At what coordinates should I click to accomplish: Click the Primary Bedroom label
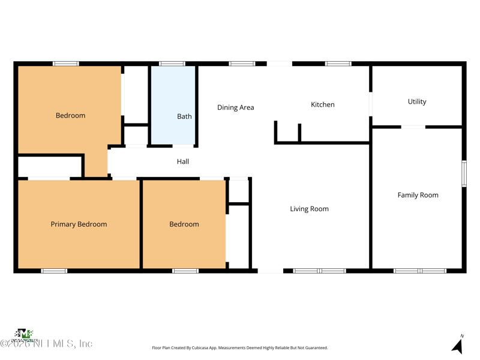[x=79, y=224]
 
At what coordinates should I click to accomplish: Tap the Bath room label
[x=184, y=116]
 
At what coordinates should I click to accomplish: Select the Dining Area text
[x=235, y=108]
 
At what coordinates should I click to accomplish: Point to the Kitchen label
[x=322, y=105]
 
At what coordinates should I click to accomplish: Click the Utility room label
[x=417, y=102]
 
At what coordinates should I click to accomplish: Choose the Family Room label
[x=418, y=195]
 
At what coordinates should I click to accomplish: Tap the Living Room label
[x=309, y=209]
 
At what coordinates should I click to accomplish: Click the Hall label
[x=183, y=161]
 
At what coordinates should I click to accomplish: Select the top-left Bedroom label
[x=70, y=116]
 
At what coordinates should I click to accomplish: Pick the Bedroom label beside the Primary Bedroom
[x=184, y=224]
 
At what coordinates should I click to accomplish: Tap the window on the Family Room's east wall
[x=464, y=173]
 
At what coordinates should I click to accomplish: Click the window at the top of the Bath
[x=172, y=64]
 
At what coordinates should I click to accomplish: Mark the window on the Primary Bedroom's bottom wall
[x=54, y=271]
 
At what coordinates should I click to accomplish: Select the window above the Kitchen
[x=338, y=64]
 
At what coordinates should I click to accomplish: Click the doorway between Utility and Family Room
[x=413, y=127]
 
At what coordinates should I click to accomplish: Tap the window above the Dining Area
[x=242, y=64]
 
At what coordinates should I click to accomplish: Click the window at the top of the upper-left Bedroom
[x=65, y=64]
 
